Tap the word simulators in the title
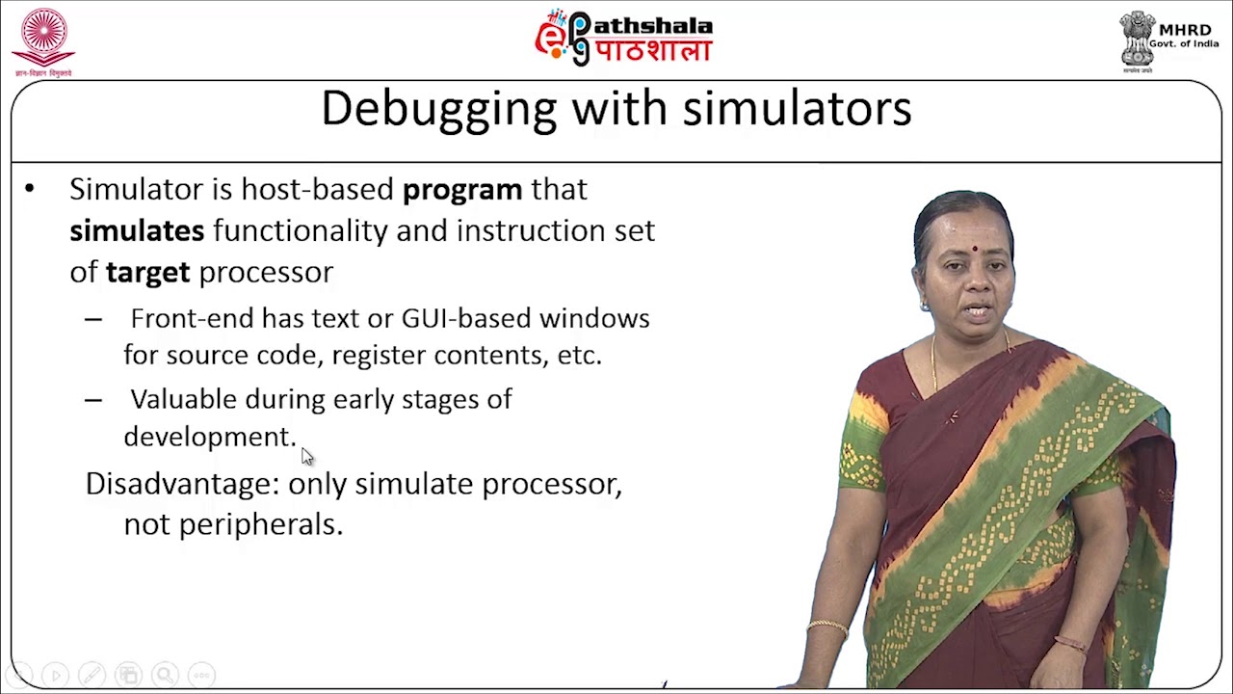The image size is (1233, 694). [x=797, y=109]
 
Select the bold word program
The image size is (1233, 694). [x=462, y=190]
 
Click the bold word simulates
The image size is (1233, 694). [x=137, y=231]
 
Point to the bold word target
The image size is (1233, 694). [x=147, y=273]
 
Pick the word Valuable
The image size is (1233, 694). [x=183, y=400]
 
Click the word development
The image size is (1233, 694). [x=208, y=437]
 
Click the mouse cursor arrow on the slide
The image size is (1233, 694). [x=307, y=456]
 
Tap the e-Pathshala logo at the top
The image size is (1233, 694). [x=624, y=38]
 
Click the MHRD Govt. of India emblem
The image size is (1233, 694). [x=1138, y=39]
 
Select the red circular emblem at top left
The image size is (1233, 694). [x=43, y=36]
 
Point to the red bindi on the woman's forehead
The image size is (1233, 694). [x=975, y=248]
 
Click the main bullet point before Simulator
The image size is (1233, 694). [x=30, y=190]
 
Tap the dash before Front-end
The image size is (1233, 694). [x=93, y=319]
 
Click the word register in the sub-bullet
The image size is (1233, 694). [x=379, y=356]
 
